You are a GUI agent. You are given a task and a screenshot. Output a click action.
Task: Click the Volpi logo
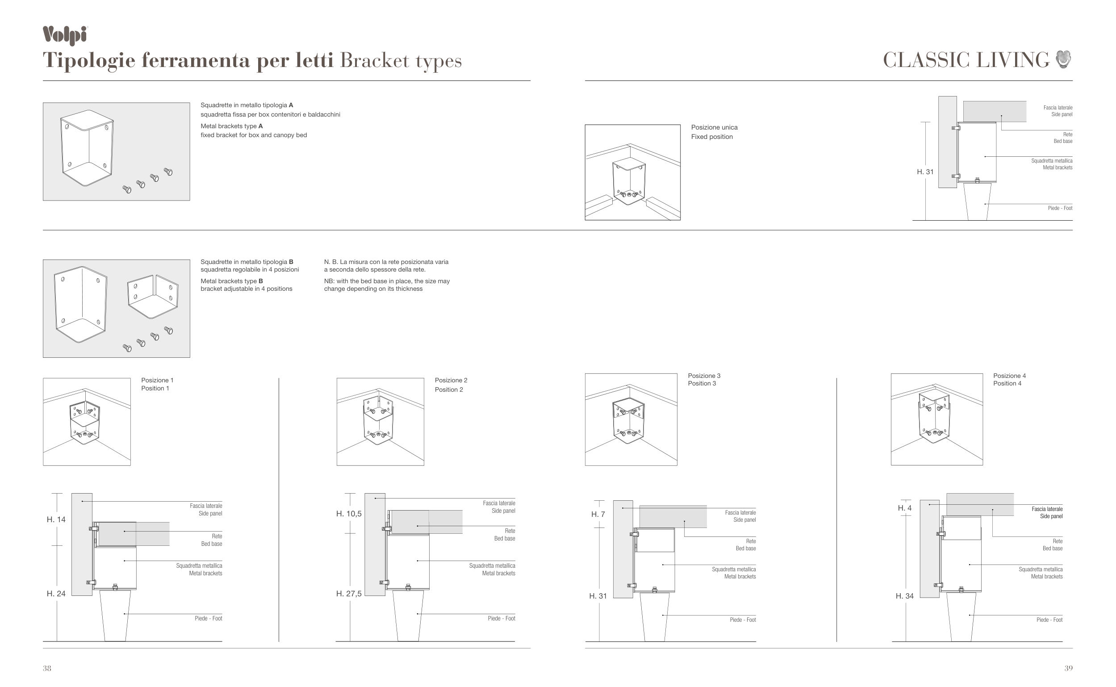pyautogui.click(x=65, y=35)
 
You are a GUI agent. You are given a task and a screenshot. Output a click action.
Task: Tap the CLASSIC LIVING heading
pyautogui.click(x=966, y=60)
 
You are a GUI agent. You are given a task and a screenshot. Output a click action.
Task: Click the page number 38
pyautogui.click(x=47, y=668)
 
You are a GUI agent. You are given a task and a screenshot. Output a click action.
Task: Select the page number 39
pyautogui.click(x=1068, y=668)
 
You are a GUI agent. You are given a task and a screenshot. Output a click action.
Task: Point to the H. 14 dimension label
pyautogui.click(x=56, y=519)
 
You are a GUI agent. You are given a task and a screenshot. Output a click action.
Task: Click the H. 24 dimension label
pyautogui.click(x=56, y=593)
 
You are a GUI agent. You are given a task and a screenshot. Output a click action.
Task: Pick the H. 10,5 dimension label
pyautogui.click(x=349, y=514)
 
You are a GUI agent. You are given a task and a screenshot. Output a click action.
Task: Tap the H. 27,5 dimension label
pyautogui.click(x=349, y=593)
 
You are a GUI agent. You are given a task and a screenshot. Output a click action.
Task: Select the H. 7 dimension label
pyautogui.click(x=598, y=514)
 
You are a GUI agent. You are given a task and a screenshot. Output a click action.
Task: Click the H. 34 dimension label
pyautogui.click(x=904, y=596)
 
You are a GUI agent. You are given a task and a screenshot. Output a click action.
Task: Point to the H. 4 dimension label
pyautogui.click(x=904, y=508)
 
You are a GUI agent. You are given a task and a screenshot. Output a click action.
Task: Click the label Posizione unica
pyautogui.click(x=714, y=127)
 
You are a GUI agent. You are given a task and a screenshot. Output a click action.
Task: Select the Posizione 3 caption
pyautogui.click(x=704, y=376)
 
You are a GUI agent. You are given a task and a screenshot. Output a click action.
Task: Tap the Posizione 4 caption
pyautogui.click(x=1009, y=376)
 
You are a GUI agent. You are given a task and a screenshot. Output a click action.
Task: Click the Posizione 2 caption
pyautogui.click(x=451, y=380)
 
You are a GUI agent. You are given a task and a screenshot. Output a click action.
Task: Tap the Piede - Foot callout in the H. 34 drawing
pyautogui.click(x=1049, y=620)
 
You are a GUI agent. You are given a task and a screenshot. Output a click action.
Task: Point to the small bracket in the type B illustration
pyautogui.click(x=153, y=296)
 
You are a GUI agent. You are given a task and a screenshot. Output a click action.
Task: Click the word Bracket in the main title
pyautogui.click(x=374, y=61)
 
